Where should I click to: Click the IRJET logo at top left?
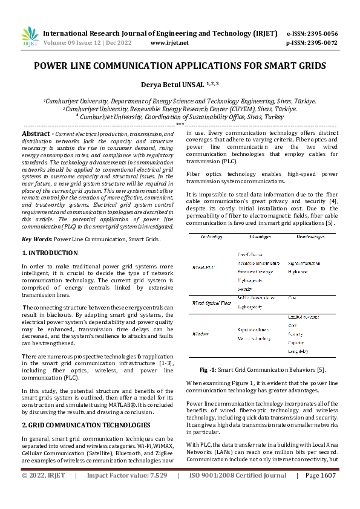tap(30, 37)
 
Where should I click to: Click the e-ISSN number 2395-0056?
tap(321, 33)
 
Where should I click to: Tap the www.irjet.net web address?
tap(169, 43)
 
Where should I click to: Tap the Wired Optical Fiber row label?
tap(212, 302)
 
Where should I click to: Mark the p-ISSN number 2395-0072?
tap(321, 43)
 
